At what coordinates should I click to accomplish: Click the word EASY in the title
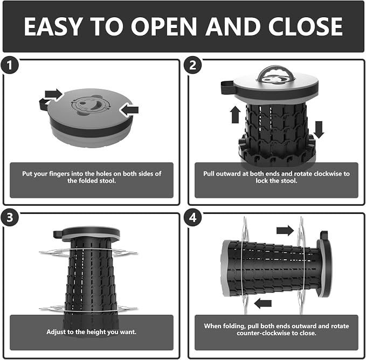(x=53, y=26)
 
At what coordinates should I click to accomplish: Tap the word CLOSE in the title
(x=305, y=26)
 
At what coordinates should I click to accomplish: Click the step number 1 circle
(x=10, y=65)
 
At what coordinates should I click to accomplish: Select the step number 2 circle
(x=192, y=65)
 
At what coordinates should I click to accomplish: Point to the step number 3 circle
(x=10, y=218)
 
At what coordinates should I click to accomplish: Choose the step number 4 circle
(x=192, y=218)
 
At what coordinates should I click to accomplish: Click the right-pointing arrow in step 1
(x=54, y=94)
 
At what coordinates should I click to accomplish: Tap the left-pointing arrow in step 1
(x=129, y=110)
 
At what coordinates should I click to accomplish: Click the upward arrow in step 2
(x=235, y=115)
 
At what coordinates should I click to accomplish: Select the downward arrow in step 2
(x=319, y=130)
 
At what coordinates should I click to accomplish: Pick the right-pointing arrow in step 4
(x=285, y=231)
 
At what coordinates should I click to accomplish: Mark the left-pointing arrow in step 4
(x=263, y=303)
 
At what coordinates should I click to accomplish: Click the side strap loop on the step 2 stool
(x=227, y=87)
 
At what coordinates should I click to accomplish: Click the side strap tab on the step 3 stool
(x=58, y=234)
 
